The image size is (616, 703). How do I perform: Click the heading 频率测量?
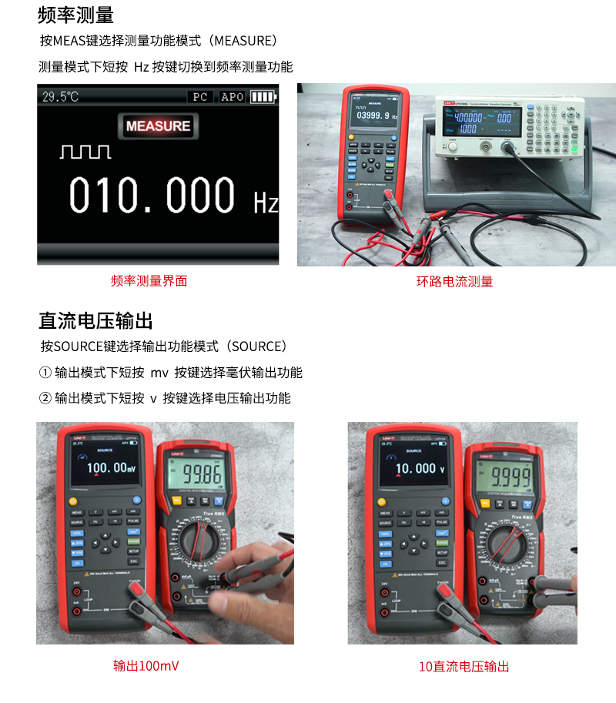tap(76, 15)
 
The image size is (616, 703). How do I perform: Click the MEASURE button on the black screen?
tap(158, 126)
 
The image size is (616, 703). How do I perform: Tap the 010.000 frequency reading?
tap(152, 196)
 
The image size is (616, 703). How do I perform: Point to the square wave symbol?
tap(85, 151)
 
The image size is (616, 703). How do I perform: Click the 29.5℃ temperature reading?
tap(60, 97)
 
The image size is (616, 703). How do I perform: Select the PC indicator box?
tap(199, 97)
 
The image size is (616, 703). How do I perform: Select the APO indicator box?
tap(232, 97)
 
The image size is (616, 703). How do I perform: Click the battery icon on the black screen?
tap(263, 97)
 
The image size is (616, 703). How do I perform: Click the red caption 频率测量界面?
tap(149, 281)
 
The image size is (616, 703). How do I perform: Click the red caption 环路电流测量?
tap(454, 281)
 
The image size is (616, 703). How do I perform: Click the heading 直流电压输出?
tap(95, 320)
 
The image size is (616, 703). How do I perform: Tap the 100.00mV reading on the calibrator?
tap(111, 467)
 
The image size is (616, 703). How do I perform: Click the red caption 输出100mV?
tap(146, 666)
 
